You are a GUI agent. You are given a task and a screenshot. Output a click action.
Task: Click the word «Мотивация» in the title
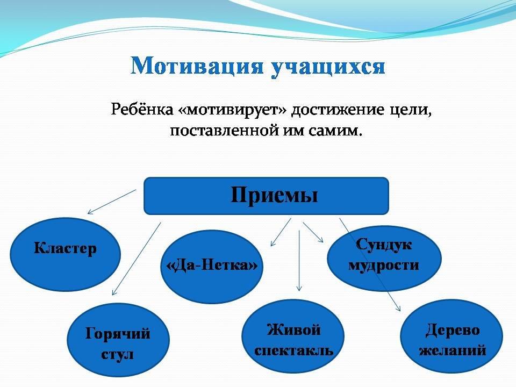[197, 66]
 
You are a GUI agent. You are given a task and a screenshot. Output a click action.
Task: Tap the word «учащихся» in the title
[328, 68]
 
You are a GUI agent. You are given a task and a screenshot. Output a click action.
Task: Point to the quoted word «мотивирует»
[232, 110]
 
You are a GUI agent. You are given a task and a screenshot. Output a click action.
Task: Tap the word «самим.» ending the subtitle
[335, 131]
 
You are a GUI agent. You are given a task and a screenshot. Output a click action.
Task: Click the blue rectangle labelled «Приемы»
[266, 196]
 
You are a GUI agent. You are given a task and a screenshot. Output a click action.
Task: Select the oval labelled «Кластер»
[66, 254]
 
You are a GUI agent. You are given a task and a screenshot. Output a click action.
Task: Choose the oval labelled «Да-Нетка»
[212, 267]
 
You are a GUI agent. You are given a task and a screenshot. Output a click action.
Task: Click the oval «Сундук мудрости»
[384, 258]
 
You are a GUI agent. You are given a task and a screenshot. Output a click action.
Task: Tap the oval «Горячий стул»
[118, 340]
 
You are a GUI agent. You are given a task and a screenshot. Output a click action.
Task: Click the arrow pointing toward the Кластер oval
[112, 202]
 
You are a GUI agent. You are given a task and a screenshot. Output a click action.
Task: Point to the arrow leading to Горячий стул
[137, 259]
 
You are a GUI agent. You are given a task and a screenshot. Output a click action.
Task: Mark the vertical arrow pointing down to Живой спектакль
[299, 261]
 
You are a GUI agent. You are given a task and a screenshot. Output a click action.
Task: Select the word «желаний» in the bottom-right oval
[453, 350]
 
